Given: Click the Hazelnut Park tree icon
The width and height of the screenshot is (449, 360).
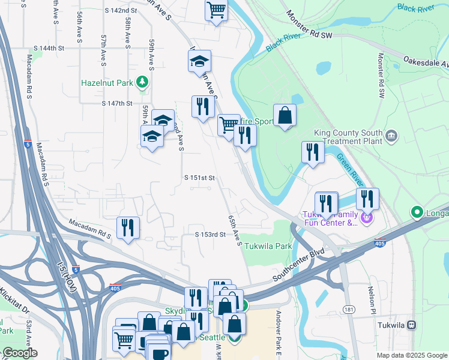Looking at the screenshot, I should (142, 82).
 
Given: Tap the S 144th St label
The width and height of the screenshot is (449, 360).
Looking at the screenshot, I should (49, 48).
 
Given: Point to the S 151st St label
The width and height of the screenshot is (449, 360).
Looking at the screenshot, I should (199, 178).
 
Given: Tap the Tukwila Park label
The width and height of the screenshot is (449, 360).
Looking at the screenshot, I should (268, 246).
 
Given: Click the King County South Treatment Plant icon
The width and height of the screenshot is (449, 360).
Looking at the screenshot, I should (391, 136).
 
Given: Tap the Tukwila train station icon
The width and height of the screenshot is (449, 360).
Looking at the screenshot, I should (412, 325).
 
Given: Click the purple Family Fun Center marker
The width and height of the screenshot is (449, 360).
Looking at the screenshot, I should (367, 218).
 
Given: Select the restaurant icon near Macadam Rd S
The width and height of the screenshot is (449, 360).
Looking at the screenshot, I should (128, 227).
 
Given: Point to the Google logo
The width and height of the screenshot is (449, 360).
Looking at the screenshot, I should (19, 353).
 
